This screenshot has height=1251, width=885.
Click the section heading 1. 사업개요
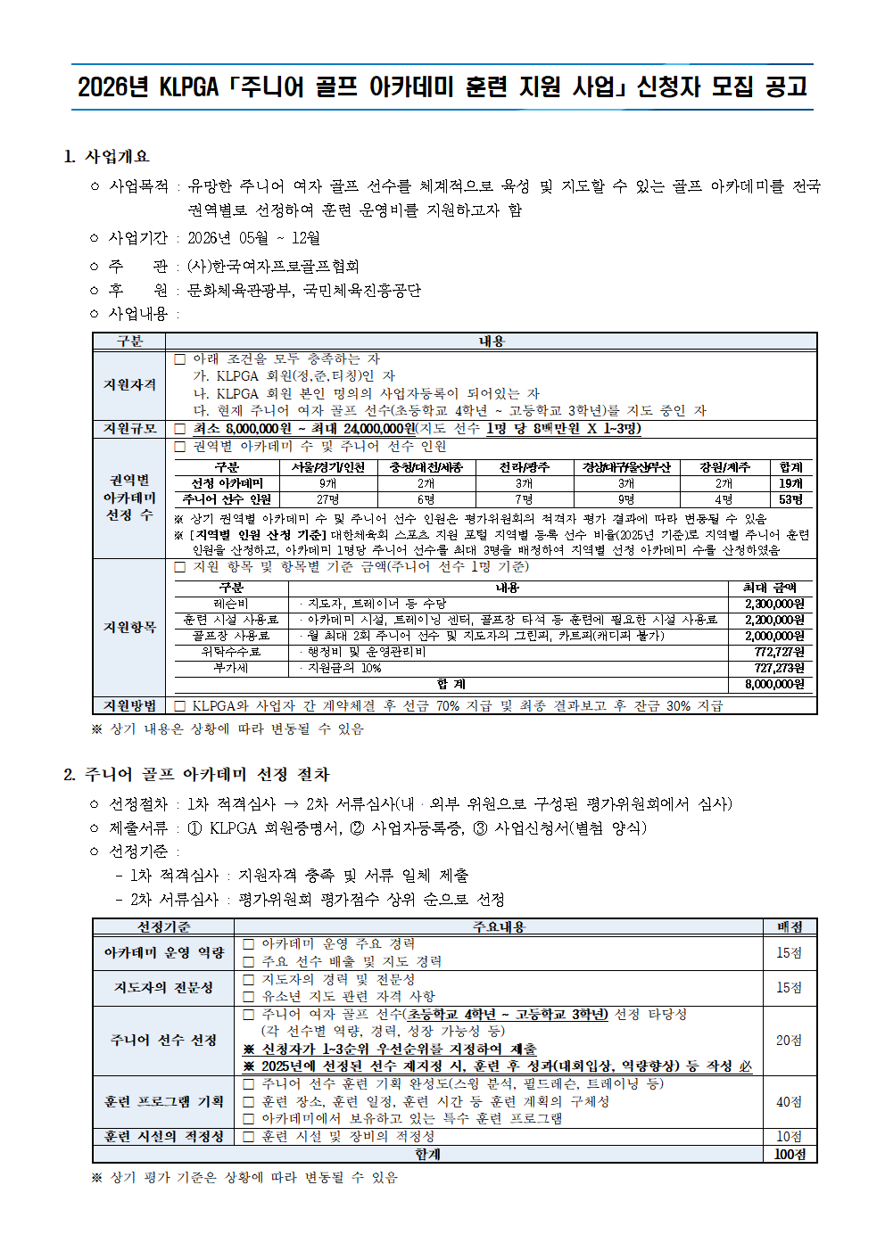(107, 157)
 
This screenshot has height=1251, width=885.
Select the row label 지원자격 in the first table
(129, 385)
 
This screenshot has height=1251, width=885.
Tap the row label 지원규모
(129, 429)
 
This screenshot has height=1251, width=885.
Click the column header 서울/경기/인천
(327, 467)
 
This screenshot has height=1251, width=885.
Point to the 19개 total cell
(790, 483)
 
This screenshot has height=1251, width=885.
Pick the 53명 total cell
(790, 499)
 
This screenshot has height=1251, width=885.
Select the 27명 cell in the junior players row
(327, 499)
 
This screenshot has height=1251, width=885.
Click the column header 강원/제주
(724, 467)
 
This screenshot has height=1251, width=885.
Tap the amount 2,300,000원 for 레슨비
(774, 604)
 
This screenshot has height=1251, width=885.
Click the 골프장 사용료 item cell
(231, 636)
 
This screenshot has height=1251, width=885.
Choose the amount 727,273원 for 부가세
(779, 668)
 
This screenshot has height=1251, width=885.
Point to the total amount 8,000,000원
(774, 684)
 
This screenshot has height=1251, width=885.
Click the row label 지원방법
(129, 705)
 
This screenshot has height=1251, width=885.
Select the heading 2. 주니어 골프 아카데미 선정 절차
(196, 775)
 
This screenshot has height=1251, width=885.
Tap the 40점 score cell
(789, 1102)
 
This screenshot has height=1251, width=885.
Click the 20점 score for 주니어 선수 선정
(789, 1041)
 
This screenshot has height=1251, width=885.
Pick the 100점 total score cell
(790, 1154)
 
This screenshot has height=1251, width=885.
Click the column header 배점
(790, 927)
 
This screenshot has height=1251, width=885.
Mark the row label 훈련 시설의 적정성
(164, 1137)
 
